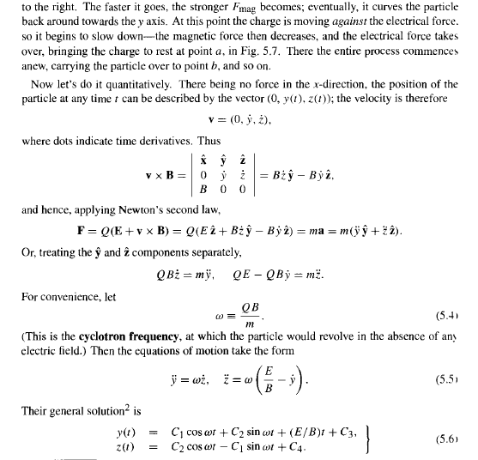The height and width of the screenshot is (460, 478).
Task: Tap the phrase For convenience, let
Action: (64, 296)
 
